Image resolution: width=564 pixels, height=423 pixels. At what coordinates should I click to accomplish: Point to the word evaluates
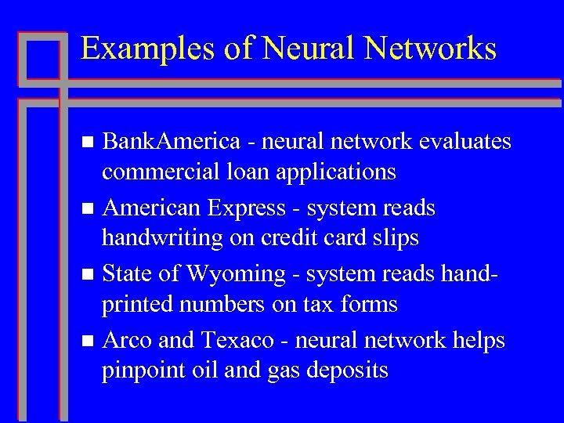465,142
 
